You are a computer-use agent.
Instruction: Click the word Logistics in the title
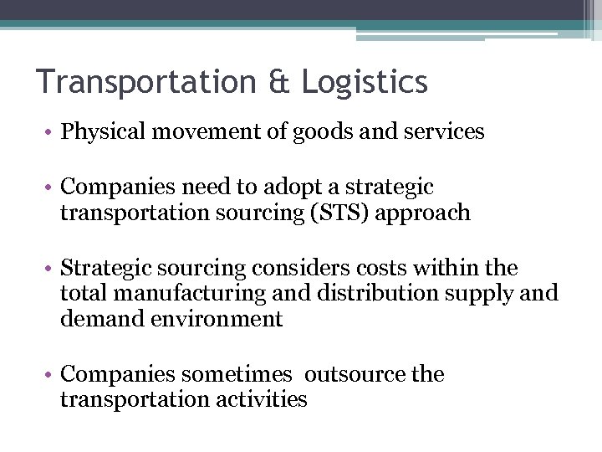(x=365, y=82)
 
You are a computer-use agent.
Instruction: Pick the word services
(x=443, y=132)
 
